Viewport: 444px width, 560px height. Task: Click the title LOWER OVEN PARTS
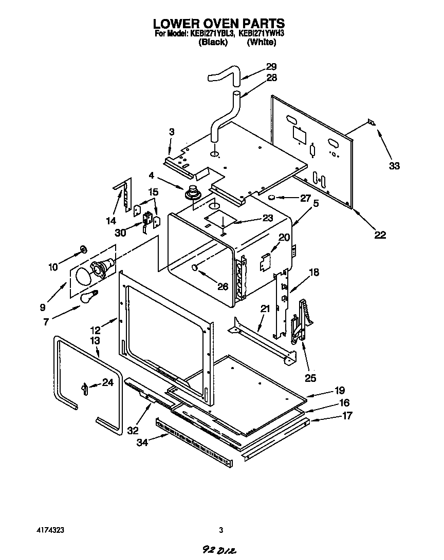click(218, 23)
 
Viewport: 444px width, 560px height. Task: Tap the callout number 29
click(271, 66)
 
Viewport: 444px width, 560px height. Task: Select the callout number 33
click(394, 166)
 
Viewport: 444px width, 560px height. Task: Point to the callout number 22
click(380, 235)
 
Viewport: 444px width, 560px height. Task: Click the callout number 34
click(142, 442)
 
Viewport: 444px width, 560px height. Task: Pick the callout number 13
click(95, 341)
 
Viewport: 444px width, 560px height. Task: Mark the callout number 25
click(310, 378)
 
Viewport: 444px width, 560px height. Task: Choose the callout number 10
click(53, 266)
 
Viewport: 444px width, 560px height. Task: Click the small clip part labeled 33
click(371, 123)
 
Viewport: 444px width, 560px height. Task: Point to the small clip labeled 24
click(83, 389)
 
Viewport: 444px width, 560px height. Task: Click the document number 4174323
click(50, 530)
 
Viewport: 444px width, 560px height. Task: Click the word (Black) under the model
click(213, 42)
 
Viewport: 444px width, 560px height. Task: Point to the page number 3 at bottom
click(221, 530)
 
